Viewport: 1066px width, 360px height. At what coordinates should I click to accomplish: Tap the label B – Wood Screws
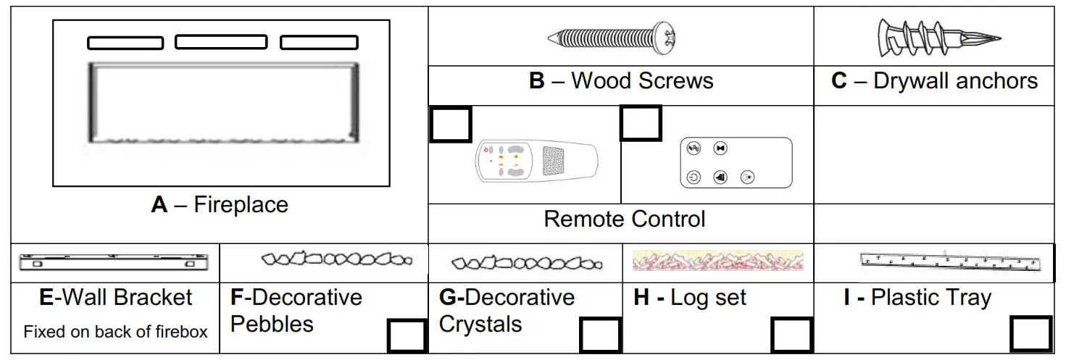[x=621, y=81]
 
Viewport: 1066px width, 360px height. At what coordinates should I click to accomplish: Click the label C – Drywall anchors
[x=934, y=81]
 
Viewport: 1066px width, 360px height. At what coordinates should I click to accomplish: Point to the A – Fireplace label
[x=220, y=205]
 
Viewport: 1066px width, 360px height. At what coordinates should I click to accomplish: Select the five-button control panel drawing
[x=736, y=162]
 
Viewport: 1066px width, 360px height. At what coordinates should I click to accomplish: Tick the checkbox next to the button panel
[x=641, y=122]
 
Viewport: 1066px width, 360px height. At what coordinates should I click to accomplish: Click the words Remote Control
[x=624, y=219]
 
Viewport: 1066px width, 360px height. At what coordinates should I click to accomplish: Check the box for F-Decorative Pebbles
[x=407, y=335]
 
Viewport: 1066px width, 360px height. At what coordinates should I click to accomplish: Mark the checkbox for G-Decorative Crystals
[x=600, y=335]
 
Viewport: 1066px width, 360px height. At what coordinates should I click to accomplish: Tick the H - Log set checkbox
[x=790, y=335]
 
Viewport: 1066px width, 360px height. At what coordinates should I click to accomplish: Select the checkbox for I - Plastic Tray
[x=1030, y=334]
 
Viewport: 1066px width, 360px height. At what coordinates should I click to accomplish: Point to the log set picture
[x=717, y=261]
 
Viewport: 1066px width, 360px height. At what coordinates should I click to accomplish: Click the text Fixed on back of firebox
[x=115, y=332]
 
